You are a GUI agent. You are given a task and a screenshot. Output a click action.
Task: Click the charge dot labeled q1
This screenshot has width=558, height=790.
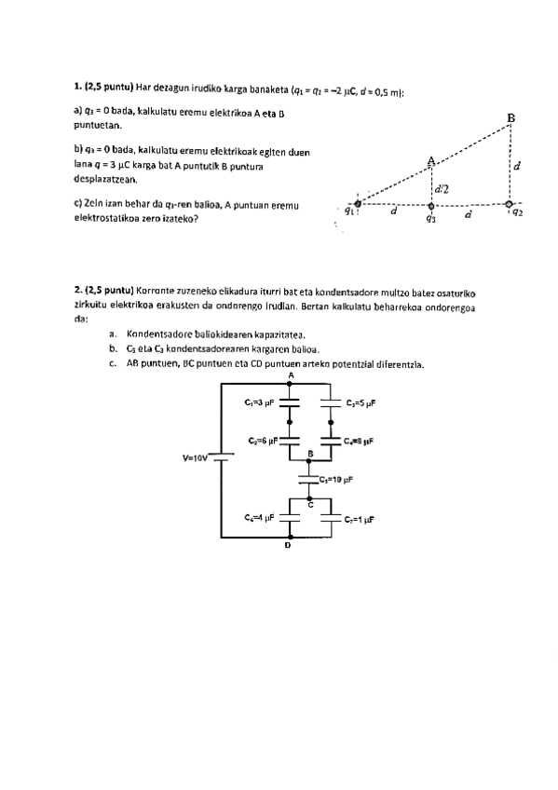click(359, 202)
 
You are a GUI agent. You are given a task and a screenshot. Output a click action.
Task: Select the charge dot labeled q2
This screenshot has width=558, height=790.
click(508, 202)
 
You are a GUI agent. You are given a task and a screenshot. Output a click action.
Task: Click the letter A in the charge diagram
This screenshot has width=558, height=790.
click(430, 159)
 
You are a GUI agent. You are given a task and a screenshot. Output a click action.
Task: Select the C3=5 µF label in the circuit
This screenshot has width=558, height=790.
click(361, 403)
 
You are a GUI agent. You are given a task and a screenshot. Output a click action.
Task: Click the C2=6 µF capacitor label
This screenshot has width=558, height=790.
click(263, 440)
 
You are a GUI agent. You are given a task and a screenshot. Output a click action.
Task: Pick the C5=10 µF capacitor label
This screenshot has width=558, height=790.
click(336, 480)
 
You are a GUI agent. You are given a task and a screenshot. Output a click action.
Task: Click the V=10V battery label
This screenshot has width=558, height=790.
click(197, 458)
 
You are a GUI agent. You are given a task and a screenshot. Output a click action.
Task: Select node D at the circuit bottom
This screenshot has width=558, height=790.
click(288, 546)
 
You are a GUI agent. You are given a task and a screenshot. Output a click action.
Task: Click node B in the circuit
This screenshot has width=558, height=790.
click(310, 453)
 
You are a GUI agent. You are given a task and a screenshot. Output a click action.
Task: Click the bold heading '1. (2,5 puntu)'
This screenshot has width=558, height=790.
click(103, 90)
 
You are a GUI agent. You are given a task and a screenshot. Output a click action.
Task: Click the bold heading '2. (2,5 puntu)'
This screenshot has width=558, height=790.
click(103, 290)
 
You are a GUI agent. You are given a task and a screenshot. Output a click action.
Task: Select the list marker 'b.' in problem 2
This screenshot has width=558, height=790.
click(113, 348)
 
